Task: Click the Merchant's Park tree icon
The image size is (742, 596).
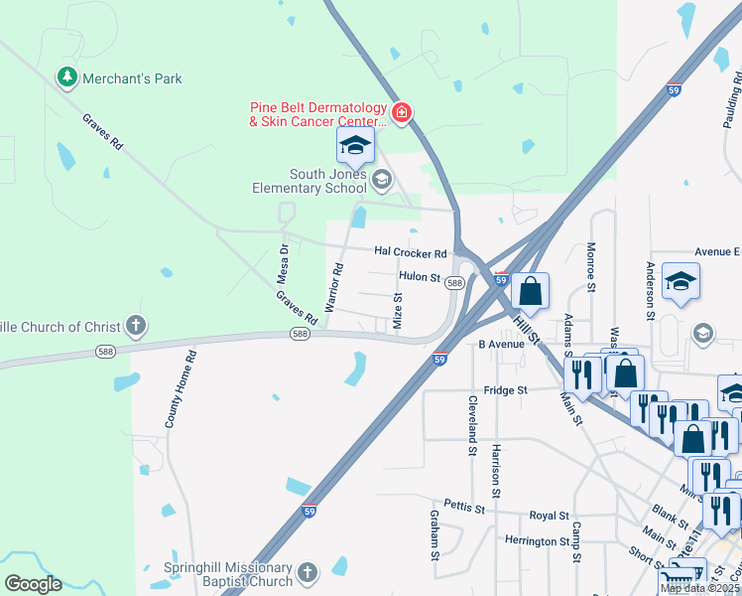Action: pos(66,77)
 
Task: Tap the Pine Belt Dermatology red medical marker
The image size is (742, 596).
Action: pos(401,113)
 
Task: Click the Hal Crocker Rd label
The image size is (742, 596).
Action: pos(410,253)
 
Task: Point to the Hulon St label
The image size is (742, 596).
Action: pos(420,277)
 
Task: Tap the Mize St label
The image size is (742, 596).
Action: pos(398,310)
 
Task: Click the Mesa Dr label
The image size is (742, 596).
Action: pos(283,263)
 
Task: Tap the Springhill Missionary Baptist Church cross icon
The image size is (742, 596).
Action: pos(308,572)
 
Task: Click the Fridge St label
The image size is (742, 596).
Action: pos(506,390)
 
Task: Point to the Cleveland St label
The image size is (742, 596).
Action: pos(472,425)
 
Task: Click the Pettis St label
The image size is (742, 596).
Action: pos(463,507)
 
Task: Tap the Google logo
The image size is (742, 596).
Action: pos(33,584)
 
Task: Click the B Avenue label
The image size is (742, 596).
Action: pos(501,345)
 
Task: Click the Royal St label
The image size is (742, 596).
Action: pos(549,517)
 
